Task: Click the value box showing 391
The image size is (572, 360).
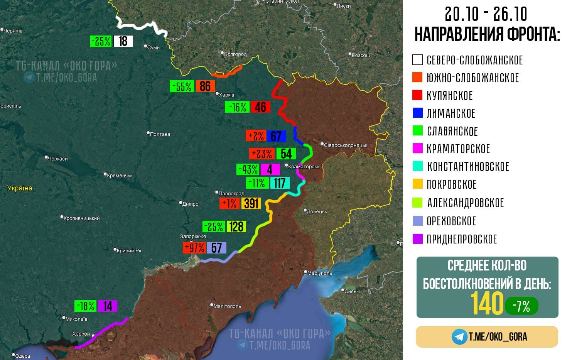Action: point(251,203)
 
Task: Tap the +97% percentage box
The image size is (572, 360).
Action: point(194,247)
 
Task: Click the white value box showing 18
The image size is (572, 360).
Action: point(123,41)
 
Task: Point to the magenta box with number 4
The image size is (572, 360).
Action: point(270,169)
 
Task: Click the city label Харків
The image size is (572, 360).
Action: point(226,95)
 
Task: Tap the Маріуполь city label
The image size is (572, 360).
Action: point(319,273)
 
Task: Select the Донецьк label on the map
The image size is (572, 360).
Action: point(317,211)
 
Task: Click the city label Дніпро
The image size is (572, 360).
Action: point(190,204)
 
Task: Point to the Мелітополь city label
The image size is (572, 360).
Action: point(227,306)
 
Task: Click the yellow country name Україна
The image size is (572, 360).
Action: point(20,188)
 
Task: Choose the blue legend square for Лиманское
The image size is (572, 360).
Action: point(417,113)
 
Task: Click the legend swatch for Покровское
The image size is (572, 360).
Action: point(417,184)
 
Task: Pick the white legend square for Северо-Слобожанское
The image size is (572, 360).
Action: point(417,60)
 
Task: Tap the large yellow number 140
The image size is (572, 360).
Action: point(487,304)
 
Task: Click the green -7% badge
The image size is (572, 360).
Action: point(521,306)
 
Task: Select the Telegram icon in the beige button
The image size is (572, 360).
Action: point(459,337)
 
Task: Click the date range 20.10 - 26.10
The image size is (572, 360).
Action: point(486,15)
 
